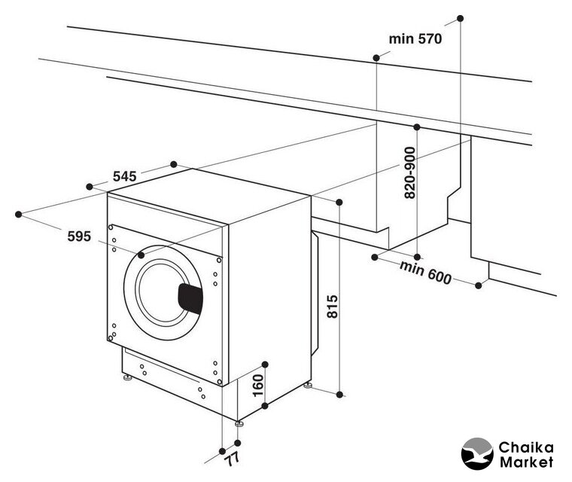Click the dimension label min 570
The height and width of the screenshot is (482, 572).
click(414, 38)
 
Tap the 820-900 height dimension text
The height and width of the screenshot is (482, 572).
click(410, 172)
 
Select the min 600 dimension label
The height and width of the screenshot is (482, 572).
click(425, 273)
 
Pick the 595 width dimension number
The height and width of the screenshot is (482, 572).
click(78, 236)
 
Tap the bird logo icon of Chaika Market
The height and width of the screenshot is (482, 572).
click(476, 454)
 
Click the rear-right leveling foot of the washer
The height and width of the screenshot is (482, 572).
click(308, 385)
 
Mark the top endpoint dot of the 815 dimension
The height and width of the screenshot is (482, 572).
click(341, 202)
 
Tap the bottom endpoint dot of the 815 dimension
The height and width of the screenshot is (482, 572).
click(341, 393)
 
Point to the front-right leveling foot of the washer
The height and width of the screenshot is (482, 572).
click(239, 423)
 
